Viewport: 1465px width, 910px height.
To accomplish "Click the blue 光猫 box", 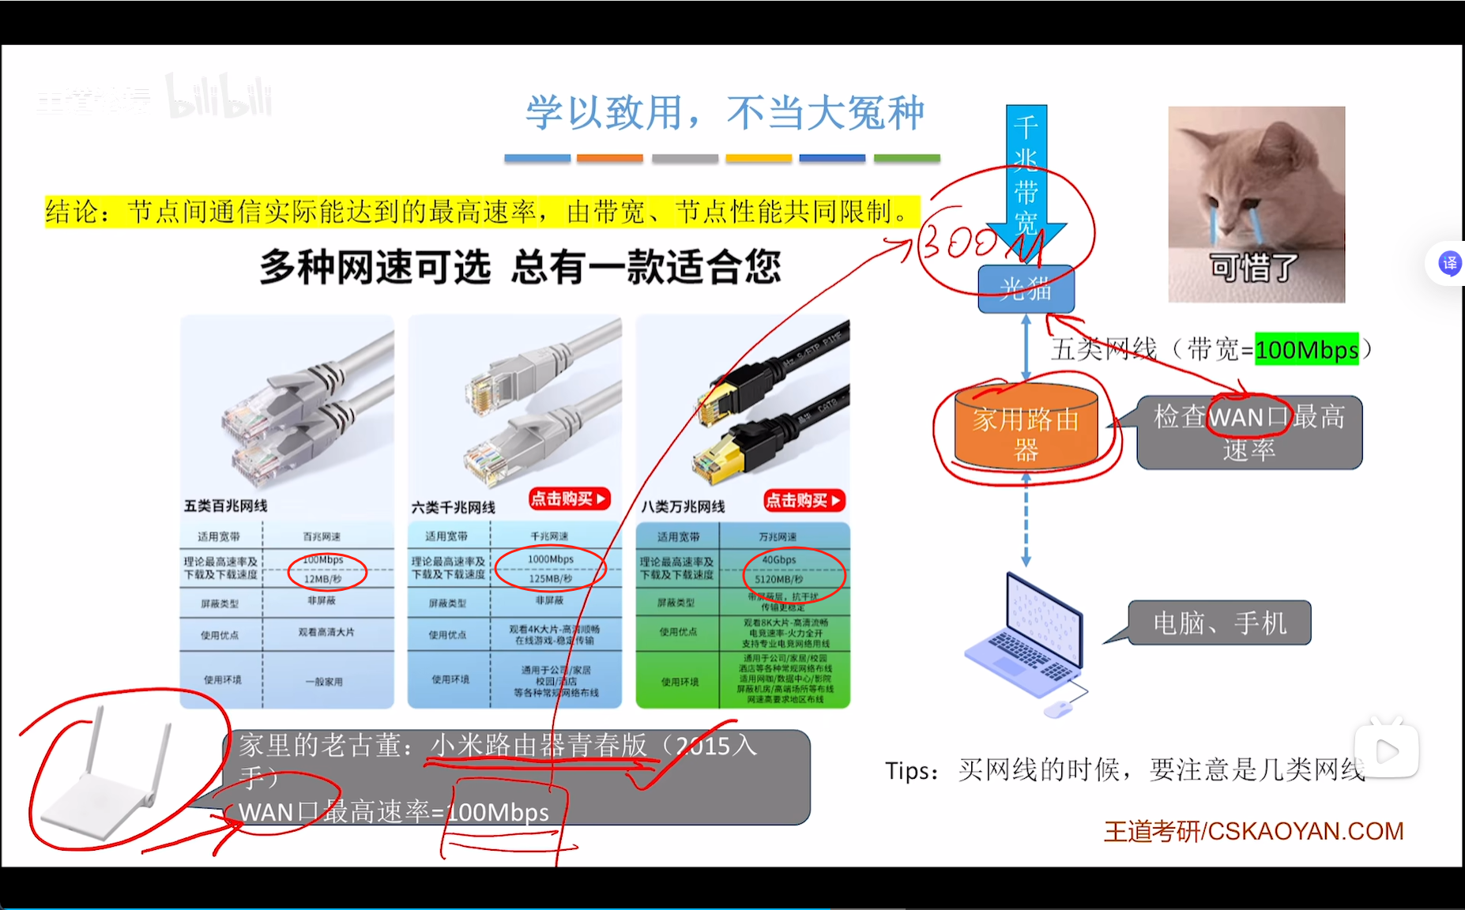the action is pos(1026,289).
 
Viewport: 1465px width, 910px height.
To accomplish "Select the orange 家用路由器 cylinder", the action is pos(1026,431).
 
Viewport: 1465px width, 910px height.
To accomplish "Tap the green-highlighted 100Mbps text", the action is pos(1306,349).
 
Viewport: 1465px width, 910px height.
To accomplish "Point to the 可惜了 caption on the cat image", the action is pos(1255,268).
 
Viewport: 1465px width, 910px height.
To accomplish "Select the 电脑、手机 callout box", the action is pos(1219,623).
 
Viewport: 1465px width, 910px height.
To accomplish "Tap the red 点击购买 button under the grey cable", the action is pos(569,498).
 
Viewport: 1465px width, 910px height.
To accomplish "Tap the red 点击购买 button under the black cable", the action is pos(804,500).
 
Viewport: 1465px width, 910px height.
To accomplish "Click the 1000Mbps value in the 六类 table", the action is pos(551,559).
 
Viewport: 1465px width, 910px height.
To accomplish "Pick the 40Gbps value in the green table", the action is pos(779,560).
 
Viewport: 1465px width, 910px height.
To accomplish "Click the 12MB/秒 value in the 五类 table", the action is pos(322,579).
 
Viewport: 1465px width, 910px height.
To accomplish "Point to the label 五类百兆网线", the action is pos(226,506).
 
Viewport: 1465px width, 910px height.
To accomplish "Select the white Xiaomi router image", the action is pos(107,782).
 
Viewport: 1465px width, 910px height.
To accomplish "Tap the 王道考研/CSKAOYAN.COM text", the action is pos(1253,831).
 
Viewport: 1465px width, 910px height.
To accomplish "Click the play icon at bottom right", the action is pos(1388,750).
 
